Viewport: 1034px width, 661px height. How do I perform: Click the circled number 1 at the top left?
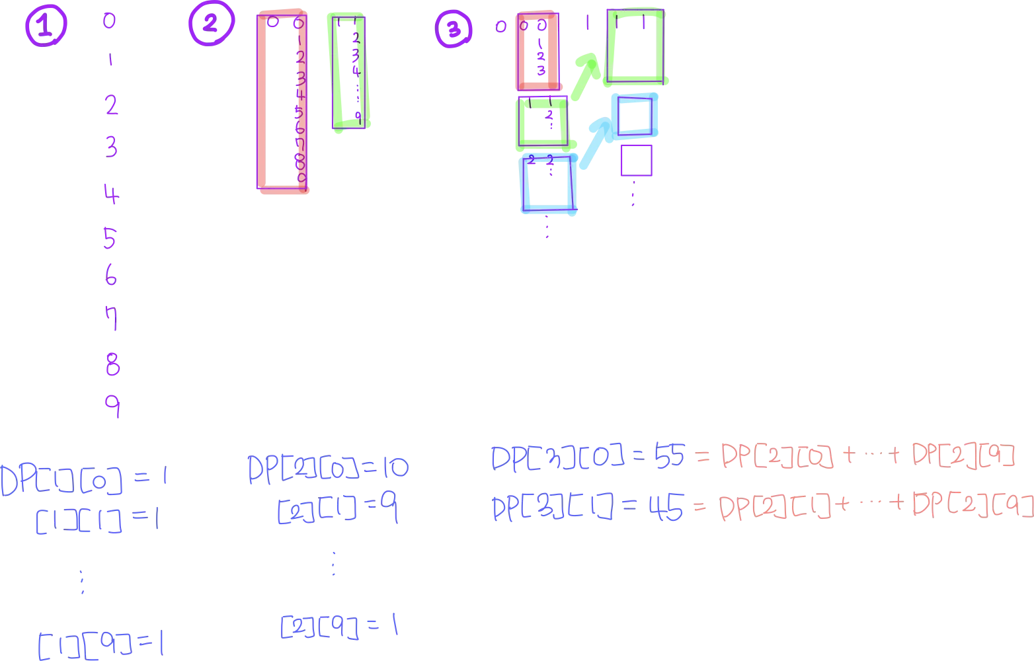tap(45, 27)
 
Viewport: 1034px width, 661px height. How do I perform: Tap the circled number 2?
tap(210, 24)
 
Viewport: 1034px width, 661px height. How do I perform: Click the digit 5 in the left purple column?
tap(110, 237)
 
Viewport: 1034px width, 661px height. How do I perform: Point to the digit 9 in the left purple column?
tap(113, 407)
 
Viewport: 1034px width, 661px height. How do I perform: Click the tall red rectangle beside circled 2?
tap(282, 102)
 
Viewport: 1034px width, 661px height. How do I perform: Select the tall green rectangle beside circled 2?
tap(349, 71)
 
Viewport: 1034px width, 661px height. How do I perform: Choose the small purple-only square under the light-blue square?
tap(637, 161)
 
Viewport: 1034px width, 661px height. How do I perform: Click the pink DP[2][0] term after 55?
tap(776, 456)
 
